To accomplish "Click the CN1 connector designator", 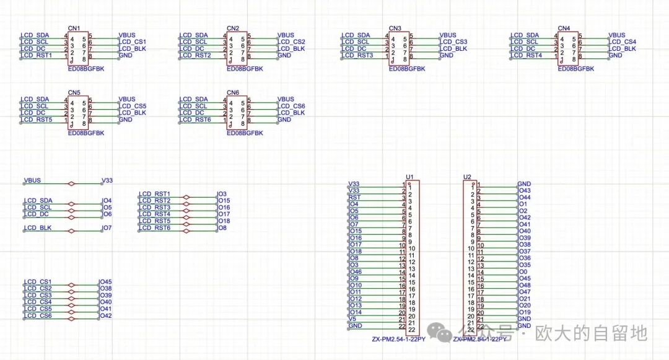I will coord(74,29).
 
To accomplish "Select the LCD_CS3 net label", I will coord(453,42).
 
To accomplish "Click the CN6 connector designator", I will coord(233,92).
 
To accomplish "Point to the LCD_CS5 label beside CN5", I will coord(132,107).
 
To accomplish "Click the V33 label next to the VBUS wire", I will coord(107,181).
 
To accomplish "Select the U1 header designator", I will coord(409,177).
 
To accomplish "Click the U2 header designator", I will coord(467,177).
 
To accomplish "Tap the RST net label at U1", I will coord(354,198).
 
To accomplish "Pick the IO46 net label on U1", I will coord(356,272).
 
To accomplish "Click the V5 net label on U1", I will coord(352,319).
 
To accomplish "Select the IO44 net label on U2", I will coord(523,198).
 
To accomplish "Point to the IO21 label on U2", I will coord(523,299).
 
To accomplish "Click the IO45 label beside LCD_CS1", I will coord(105,282).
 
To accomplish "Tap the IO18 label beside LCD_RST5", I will coord(224,221).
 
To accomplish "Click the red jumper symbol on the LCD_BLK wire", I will coord(72,230).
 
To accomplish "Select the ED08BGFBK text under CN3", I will coord(407,69).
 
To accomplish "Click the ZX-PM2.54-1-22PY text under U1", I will coord(398,339).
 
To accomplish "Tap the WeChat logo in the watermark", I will coord(444,335).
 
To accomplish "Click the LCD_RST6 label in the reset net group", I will coord(155,228).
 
